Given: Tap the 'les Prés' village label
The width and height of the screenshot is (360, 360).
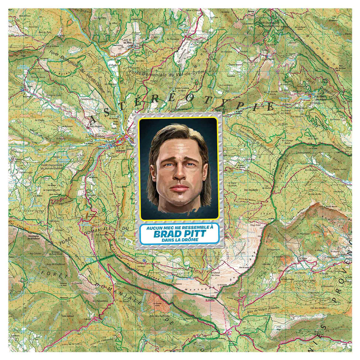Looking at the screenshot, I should [128, 43].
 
